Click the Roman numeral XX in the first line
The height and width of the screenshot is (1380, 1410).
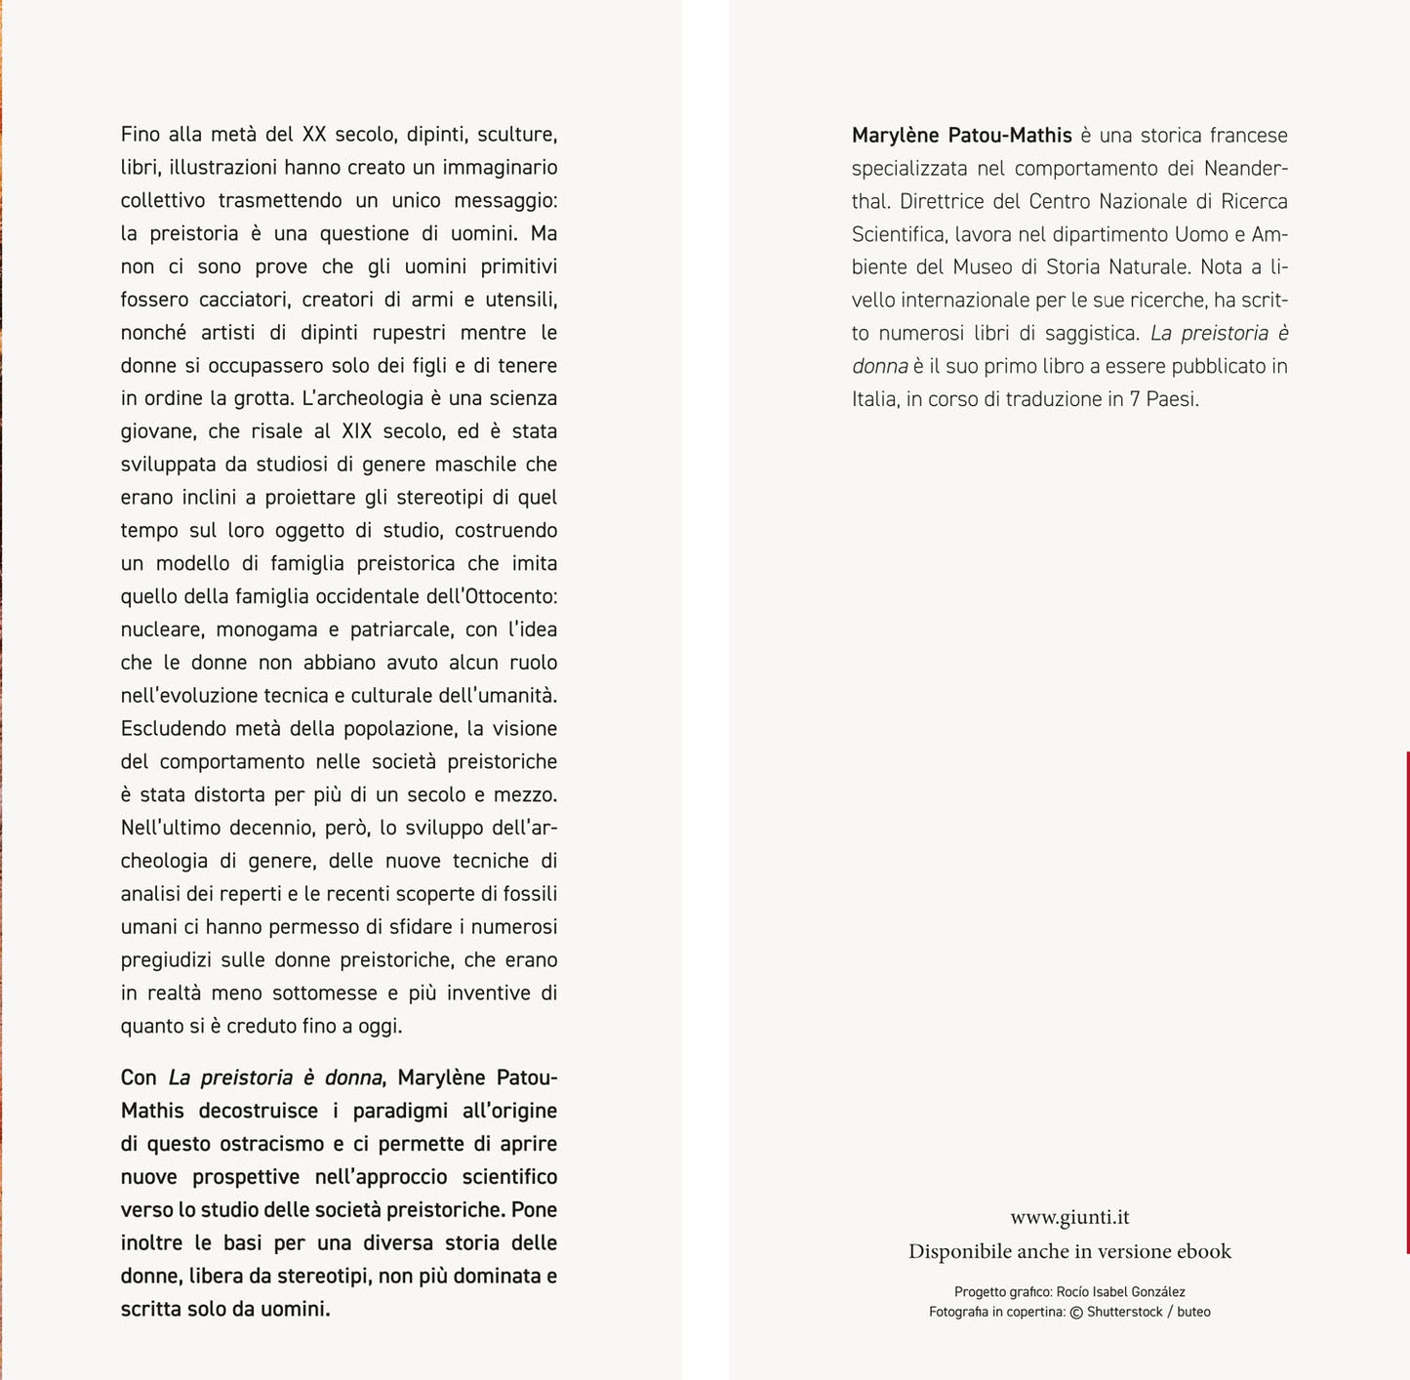(x=314, y=135)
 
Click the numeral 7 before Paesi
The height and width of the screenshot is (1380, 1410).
(x=1136, y=399)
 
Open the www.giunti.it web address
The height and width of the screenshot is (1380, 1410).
(x=1069, y=1217)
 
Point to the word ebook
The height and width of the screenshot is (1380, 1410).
(x=1204, y=1251)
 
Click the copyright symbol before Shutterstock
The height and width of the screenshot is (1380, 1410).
(x=1076, y=1313)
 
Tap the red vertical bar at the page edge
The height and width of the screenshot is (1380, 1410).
(x=1407, y=1001)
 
